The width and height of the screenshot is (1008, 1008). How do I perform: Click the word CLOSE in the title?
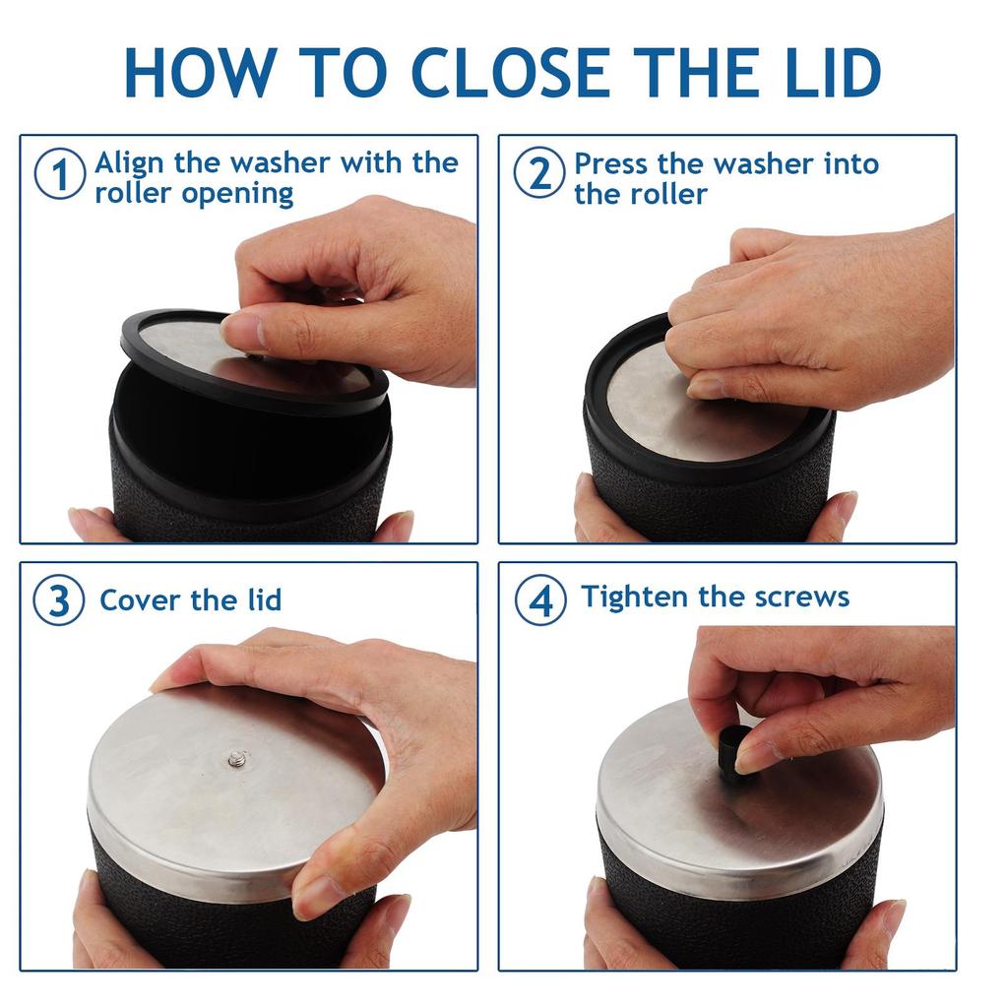[511, 72]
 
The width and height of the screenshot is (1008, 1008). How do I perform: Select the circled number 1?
[60, 174]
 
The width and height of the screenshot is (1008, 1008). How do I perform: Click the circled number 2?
[539, 172]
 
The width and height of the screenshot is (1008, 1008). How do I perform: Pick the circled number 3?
[59, 600]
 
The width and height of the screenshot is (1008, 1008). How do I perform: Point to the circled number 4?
[541, 600]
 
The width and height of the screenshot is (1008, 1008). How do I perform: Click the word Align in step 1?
[129, 164]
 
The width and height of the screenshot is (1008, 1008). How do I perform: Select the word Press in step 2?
[611, 164]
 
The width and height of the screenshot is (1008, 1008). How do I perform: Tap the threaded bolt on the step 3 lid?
[237, 759]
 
